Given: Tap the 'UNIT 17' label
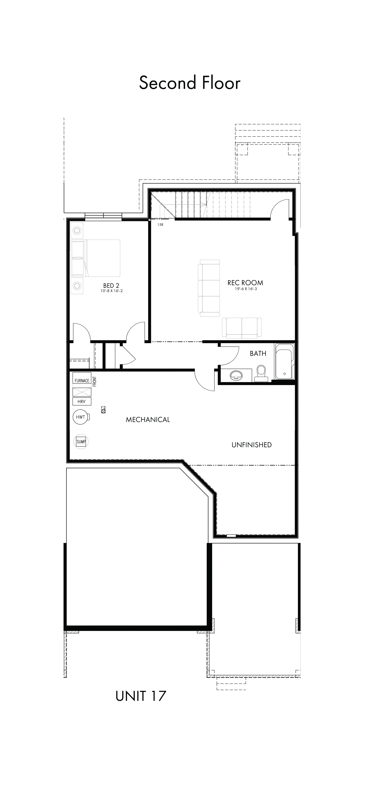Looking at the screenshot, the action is [141, 696].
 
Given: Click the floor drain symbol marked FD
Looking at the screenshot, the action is [103, 410].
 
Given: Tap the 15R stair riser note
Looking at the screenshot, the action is [160, 225].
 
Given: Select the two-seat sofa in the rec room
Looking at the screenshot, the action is [242, 328].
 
